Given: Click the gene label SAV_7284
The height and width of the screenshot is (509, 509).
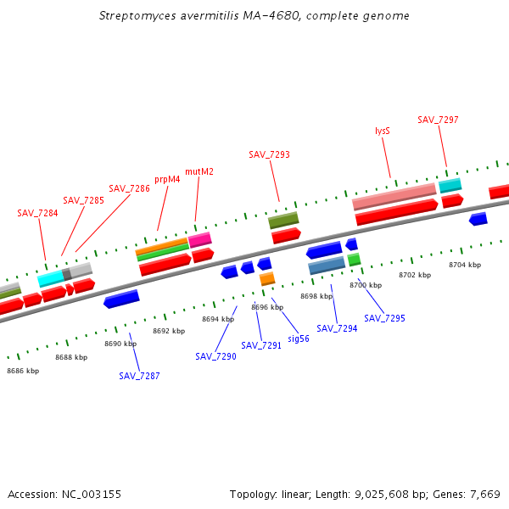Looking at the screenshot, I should coord(37,213).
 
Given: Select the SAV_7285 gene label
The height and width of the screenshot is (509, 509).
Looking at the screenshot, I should coord(83,200).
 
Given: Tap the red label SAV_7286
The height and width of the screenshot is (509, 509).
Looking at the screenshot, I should coord(129,188).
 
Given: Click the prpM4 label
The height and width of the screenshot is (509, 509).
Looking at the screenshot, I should coord(167,179).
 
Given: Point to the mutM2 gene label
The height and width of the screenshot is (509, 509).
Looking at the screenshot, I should coord(199,171).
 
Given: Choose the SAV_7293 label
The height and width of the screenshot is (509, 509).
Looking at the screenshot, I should coord(269,154).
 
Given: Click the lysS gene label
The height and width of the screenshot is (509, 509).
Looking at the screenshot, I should coord(383,131).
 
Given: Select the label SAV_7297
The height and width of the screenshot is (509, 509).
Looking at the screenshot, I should coord(438,120).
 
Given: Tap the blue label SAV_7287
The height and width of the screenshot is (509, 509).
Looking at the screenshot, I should coord(139,376).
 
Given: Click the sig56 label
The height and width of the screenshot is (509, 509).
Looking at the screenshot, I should coord(299,338).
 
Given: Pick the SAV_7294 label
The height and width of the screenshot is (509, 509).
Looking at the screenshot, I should coord(337,328).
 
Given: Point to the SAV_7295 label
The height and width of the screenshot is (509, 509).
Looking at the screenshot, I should coord(384,318).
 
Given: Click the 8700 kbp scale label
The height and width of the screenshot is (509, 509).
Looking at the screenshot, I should coord(366,285).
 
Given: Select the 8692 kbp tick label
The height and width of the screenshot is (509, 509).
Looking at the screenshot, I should coord(169,331).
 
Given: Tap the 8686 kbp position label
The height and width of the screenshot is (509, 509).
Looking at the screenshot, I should coord(23,371).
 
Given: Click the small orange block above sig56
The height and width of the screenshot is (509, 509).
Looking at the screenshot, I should coord(267,278).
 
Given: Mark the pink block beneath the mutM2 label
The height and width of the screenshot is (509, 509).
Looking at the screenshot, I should coord(200,240).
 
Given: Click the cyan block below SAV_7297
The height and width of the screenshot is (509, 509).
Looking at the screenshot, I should coord(450,185).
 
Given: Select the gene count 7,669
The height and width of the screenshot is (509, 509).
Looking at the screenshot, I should coord(484,494).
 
